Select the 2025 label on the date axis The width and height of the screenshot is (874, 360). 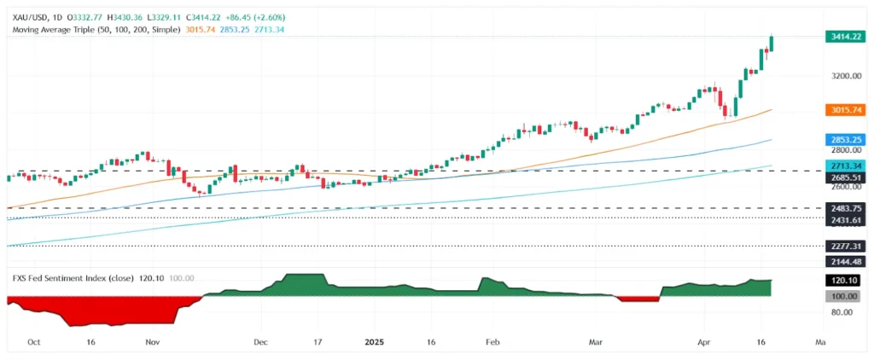click(x=376, y=341)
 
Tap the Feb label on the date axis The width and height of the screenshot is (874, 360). click(x=493, y=341)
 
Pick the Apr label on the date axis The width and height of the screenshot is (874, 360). click(x=705, y=341)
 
